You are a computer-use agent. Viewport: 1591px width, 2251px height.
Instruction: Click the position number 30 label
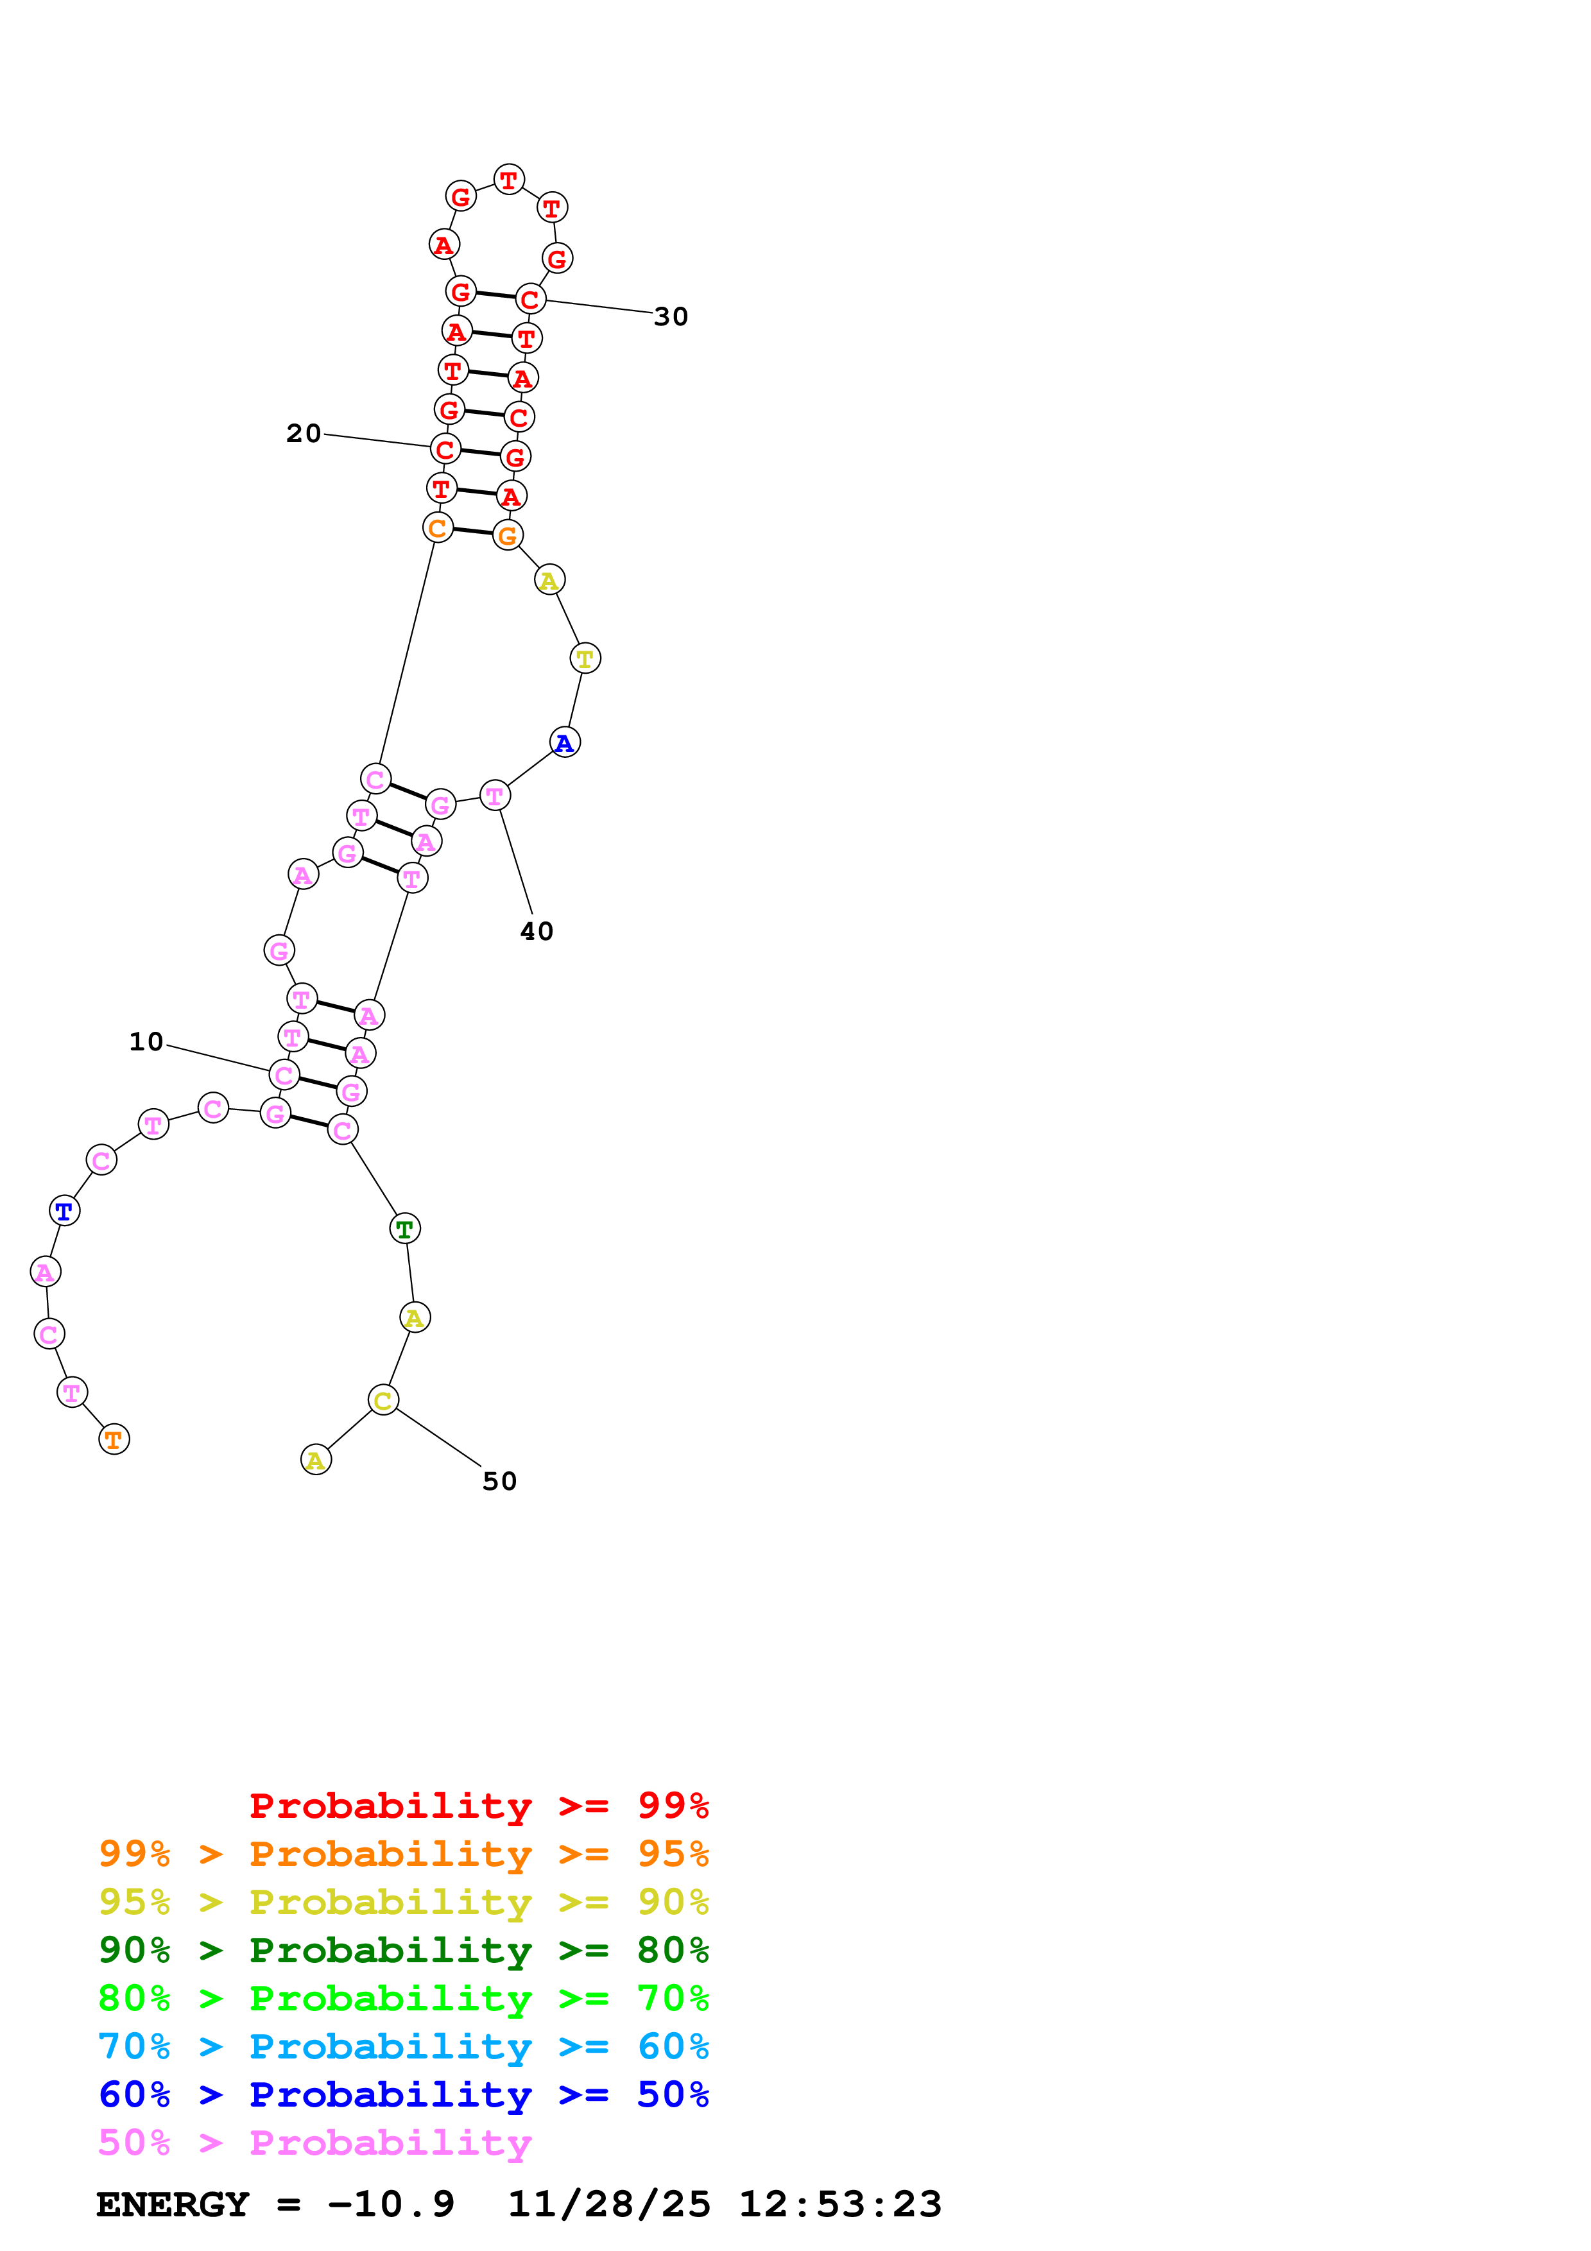[671, 317]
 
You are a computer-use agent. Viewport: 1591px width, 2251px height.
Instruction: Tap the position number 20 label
[303, 433]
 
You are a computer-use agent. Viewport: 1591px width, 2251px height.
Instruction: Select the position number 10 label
[146, 1041]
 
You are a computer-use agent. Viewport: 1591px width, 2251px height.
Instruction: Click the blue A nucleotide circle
[565, 742]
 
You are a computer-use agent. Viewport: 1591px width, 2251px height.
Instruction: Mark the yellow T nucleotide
[585, 659]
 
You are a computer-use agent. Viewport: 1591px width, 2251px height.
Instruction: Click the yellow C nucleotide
[383, 1400]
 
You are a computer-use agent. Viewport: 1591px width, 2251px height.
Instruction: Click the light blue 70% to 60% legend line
[403, 2046]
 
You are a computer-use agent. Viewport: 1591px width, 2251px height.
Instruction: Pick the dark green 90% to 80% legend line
[403, 1950]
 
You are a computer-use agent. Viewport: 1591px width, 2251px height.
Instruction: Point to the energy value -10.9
[390, 2204]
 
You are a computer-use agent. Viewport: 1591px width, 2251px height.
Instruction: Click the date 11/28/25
[608, 2204]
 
